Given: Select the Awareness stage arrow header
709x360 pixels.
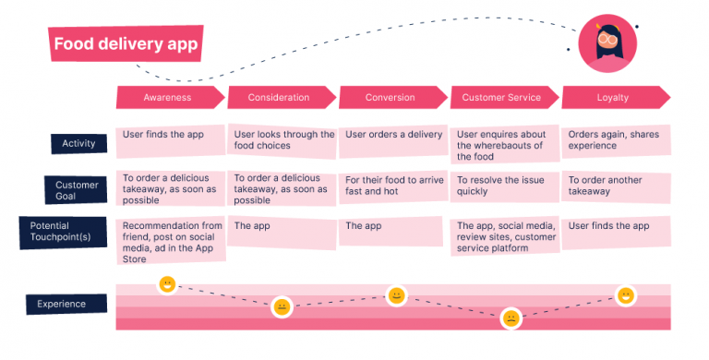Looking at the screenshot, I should (169, 97).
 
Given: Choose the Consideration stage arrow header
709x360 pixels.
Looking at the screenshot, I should (280, 97).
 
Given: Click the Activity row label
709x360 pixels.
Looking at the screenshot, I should (78, 143).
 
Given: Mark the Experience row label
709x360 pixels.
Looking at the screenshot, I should (62, 304).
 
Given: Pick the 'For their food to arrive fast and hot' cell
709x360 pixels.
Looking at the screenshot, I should (392, 188).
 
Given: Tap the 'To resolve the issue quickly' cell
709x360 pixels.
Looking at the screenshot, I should (504, 188).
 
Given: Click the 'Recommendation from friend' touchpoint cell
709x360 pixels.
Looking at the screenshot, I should (170, 240).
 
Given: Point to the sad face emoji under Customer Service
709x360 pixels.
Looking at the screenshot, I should (510, 318).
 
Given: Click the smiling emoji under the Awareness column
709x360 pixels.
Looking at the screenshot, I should (167, 284).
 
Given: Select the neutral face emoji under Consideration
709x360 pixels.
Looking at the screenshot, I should (282, 307).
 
